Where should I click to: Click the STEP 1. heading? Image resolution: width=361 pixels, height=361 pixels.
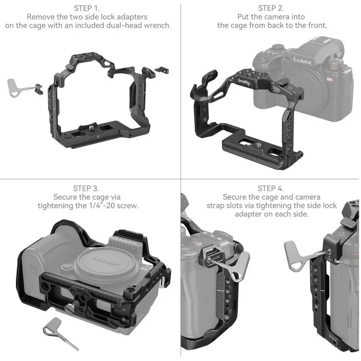(x=88, y=8)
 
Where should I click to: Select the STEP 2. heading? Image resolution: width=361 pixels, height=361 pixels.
(x=271, y=8)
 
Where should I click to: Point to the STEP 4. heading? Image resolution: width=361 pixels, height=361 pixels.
(x=271, y=188)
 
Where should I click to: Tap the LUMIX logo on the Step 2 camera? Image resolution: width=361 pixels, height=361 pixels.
(x=300, y=60)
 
